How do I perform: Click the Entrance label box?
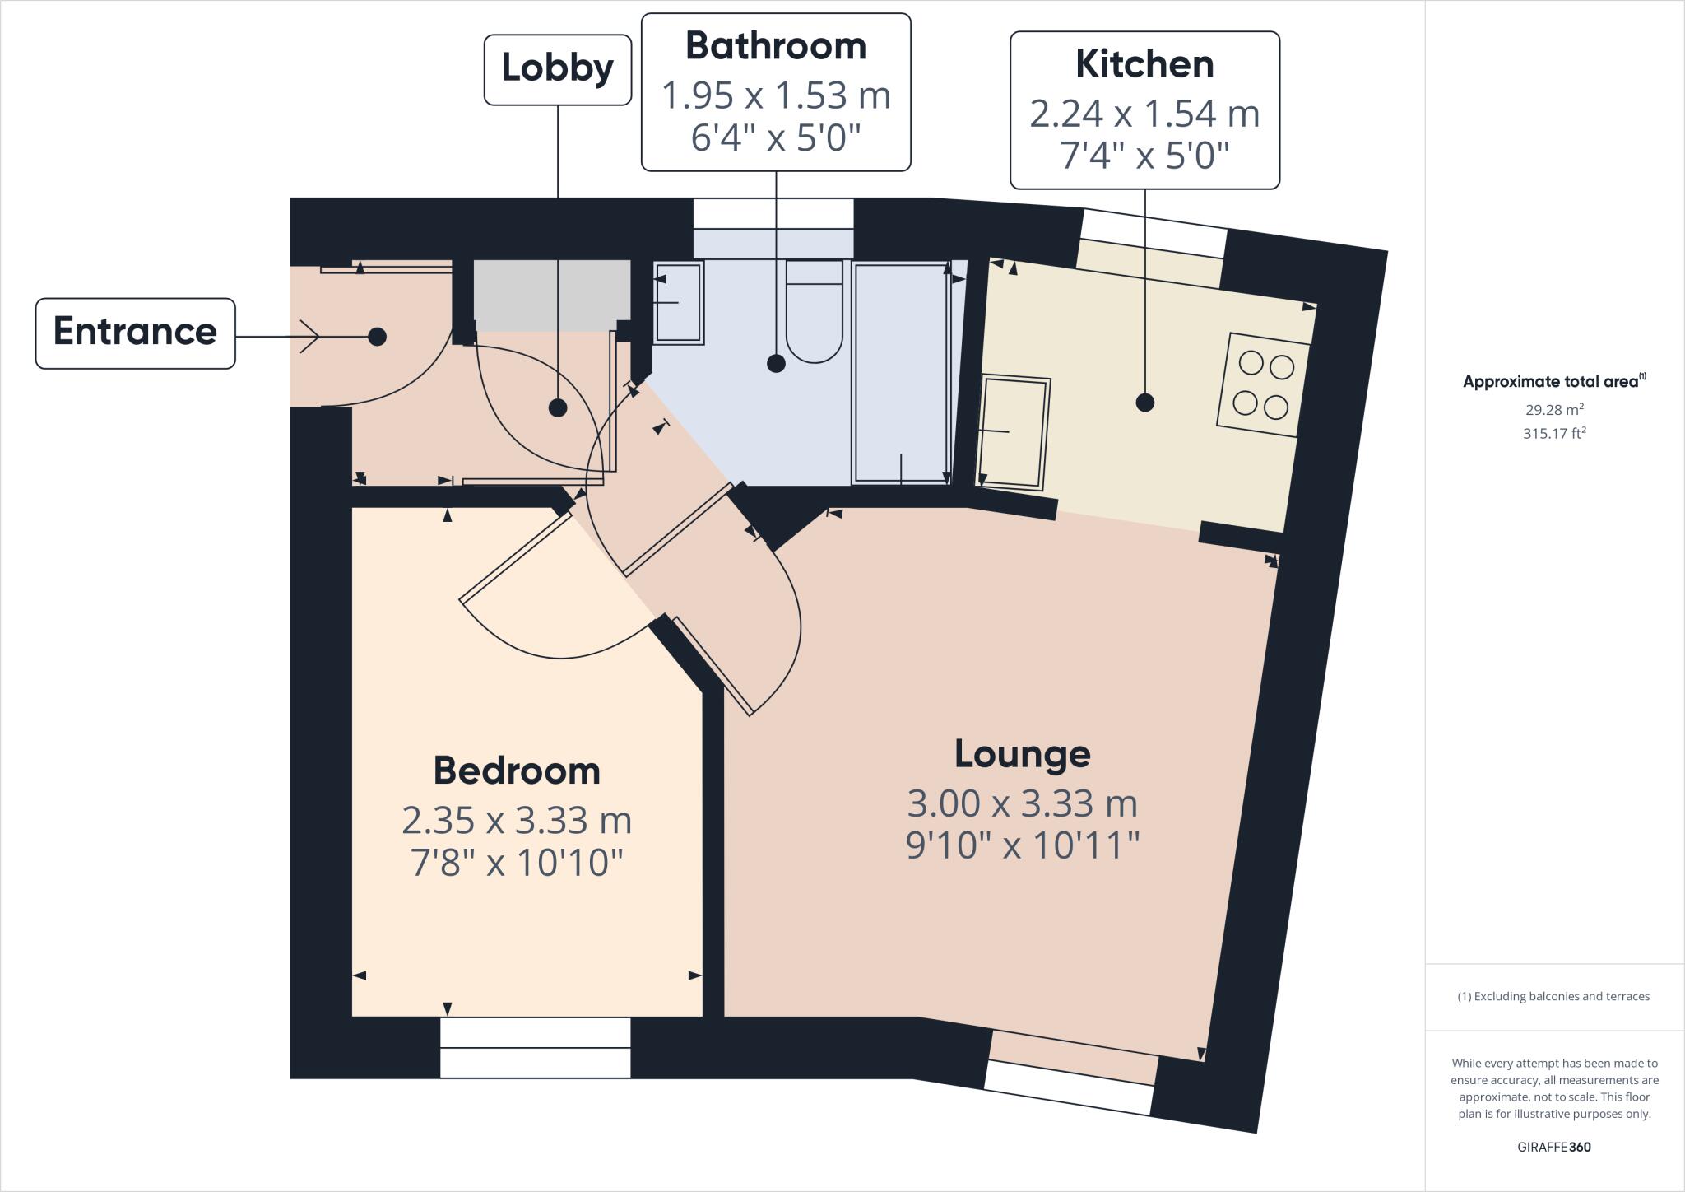135,333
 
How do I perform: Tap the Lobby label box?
557,69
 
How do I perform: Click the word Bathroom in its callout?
775,46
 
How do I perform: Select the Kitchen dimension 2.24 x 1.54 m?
1144,114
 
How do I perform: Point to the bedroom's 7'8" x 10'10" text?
516,863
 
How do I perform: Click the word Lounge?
1022,754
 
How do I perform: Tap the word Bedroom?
516,771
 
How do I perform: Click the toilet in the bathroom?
814,311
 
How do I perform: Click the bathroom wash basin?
679,302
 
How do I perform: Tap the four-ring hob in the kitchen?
1263,384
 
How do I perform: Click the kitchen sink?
1014,432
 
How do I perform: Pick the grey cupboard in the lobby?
551,295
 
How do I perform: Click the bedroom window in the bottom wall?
535,1047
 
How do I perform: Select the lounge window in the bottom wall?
1070,1087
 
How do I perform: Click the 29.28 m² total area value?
1554,409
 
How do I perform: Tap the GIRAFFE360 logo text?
1553,1147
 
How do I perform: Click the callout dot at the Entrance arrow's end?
377,336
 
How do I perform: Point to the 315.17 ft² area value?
1554,433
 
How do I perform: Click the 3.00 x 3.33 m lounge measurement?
1022,803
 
